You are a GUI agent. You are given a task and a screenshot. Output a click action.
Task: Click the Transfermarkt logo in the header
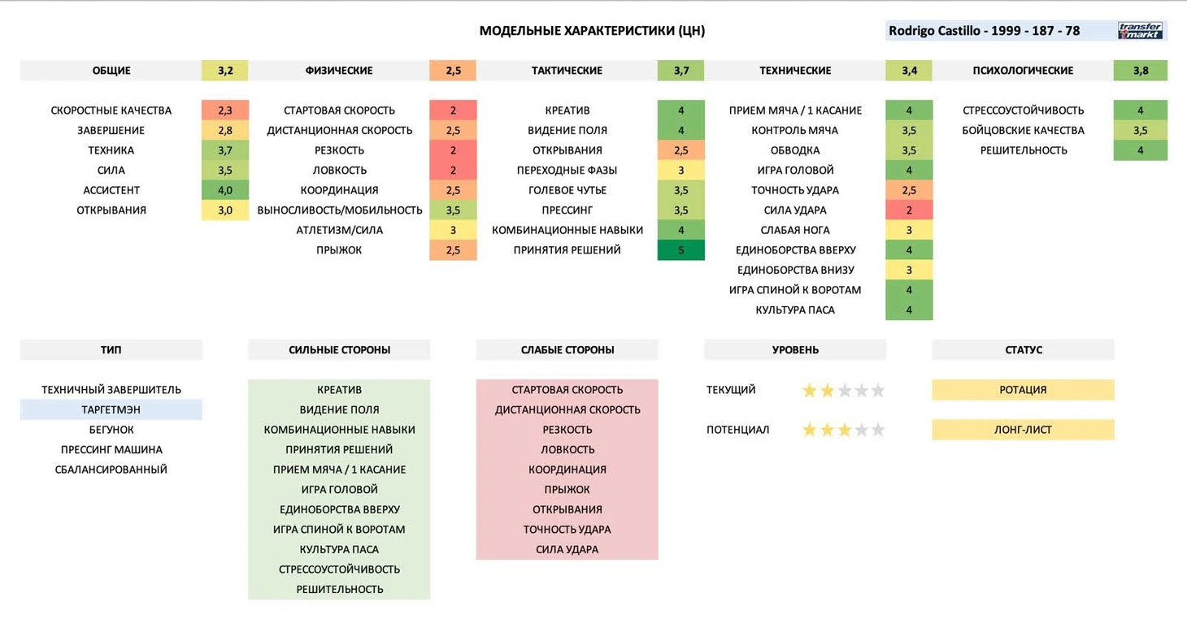pyautogui.click(x=1140, y=31)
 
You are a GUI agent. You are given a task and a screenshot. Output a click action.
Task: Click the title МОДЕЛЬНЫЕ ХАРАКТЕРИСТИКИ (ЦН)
pyautogui.click(x=592, y=31)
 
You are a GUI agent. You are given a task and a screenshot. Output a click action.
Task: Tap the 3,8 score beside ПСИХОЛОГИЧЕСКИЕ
pyautogui.click(x=1140, y=71)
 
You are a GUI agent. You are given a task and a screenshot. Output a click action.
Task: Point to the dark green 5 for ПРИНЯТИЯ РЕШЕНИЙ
pyautogui.click(x=680, y=250)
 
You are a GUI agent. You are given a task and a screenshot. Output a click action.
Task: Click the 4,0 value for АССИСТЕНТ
pyautogui.click(x=225, y=190)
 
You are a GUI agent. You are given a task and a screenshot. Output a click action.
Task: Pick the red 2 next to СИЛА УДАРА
pyautogui.click(x=909, y=210)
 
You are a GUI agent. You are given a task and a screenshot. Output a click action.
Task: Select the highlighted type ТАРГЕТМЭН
pyautogui.click(x=111, y=409)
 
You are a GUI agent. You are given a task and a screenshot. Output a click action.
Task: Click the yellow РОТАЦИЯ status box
pyautogui.click(x=1023, y=390)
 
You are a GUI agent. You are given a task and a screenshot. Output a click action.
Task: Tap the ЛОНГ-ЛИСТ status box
pyautogui.click(x=1023, y=430)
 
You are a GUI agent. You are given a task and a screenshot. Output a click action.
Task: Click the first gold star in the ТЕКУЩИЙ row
pyautogui.click(x=809, y=391)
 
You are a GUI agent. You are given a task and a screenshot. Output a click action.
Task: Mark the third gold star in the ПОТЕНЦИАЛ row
pyautogui.click(x=844, y=431)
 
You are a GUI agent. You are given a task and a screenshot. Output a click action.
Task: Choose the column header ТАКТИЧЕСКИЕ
pyautogui.click(x=567, y=71)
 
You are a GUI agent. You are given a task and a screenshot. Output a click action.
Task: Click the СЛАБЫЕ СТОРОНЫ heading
pyautogui.click(x=567, y=350)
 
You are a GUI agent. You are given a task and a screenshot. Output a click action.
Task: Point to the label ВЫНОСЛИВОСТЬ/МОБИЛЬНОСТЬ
pyautogui.click(x=340, y=210)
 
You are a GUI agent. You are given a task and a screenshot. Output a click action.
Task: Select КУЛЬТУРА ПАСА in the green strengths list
pyautogui.click(x=339, y=549)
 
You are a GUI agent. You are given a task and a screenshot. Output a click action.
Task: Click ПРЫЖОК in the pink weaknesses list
pyautogui.click(x=567, y=490)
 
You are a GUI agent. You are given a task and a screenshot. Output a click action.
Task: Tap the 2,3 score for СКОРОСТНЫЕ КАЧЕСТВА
pyautogui.click(x=225, y=110)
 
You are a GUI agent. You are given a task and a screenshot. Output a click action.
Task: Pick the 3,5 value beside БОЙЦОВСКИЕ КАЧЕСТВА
pyautogui.click(x=1140, y=131)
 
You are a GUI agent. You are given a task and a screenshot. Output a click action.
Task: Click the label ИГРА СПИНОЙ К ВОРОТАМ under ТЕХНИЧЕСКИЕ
pyautogui.click(x=795, y=290)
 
